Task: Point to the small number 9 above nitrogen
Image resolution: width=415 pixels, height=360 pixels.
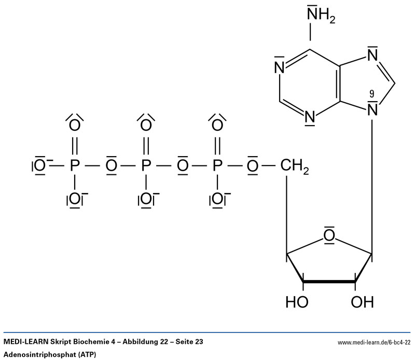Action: tap(371, 94)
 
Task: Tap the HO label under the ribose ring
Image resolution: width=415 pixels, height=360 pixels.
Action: tap(297, 302)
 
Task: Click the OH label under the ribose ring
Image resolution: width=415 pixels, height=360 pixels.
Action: tap(362, 302)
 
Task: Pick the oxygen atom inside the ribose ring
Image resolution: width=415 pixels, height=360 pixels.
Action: tap(328, 237)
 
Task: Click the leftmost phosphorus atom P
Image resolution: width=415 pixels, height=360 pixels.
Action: tap(75, 167)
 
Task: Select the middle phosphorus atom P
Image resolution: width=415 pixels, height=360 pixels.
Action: tap(146, 167)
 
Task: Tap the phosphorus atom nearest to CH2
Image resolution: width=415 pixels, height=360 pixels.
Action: tap(218, 167)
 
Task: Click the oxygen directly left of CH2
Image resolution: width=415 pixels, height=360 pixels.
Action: tap(253, 167)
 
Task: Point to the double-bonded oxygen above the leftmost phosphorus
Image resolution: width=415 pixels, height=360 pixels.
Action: tap(75, 125)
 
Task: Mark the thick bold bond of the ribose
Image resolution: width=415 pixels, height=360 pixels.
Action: tap(329, 282)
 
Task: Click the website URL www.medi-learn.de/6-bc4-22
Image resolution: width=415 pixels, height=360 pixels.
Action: tap(374, 343)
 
